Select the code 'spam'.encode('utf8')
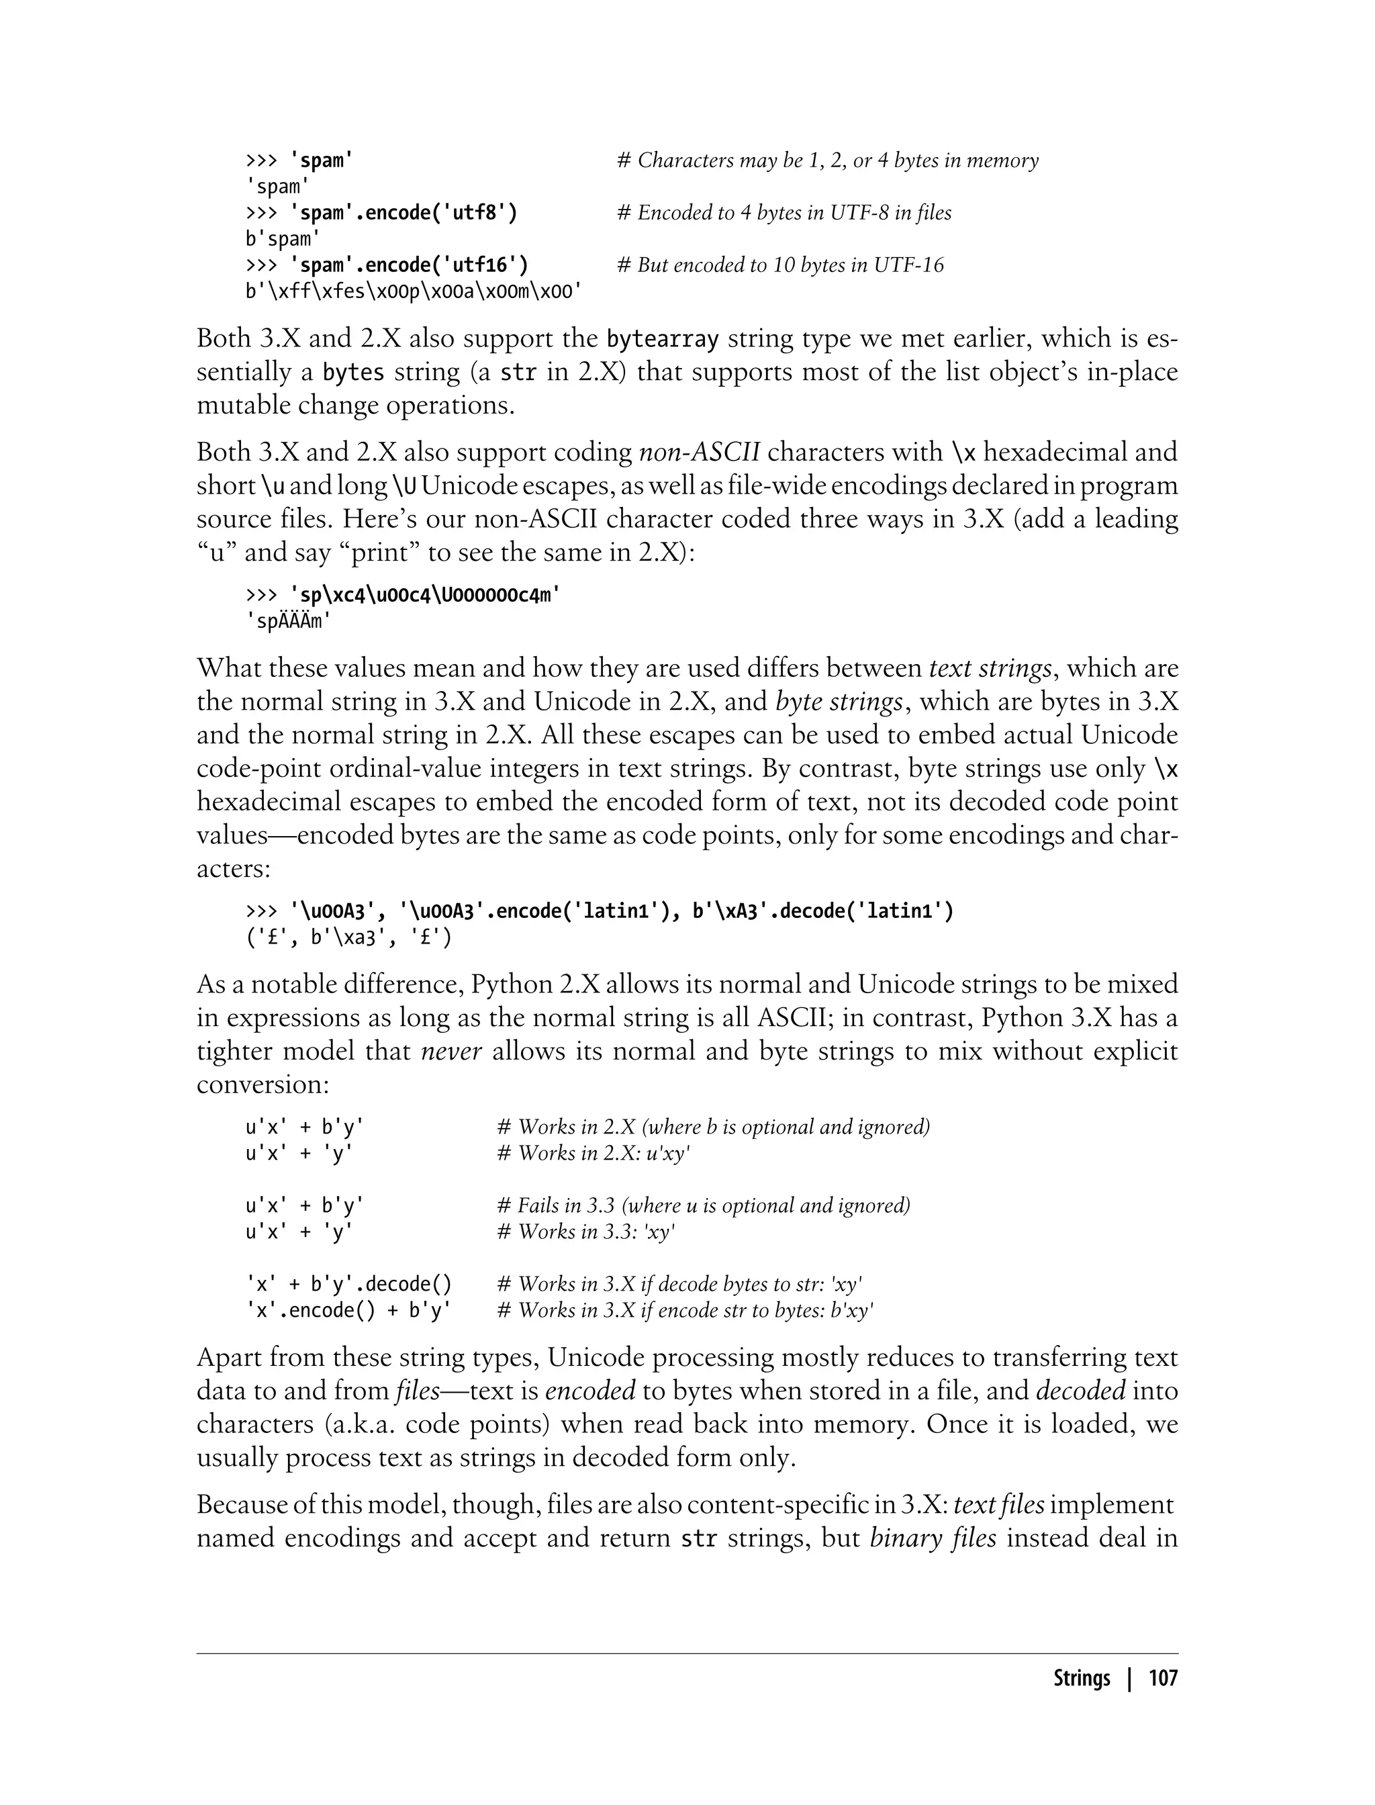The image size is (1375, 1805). coord(404,213)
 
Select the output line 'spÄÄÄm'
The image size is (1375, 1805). coord(288,621)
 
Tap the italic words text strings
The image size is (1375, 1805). coord(990,668)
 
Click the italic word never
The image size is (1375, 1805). coord(451,1051)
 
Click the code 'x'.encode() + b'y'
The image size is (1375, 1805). coord(348,1311)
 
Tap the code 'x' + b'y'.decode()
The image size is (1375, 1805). coord(348,1285)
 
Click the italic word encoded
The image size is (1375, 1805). coord(590,1391)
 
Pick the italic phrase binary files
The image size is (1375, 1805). coord(932,1538)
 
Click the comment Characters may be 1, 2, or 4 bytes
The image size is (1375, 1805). coord(826,160)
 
